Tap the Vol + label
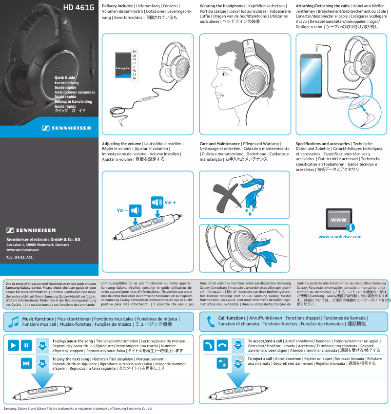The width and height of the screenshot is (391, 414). (170, 202)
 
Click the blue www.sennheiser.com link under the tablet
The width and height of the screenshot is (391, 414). (340, 237)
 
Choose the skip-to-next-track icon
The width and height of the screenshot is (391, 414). (27, 363)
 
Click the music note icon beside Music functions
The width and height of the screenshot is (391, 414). (13, 322)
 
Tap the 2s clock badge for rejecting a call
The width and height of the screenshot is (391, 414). (238, 363)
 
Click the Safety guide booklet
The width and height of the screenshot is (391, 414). (122, 68)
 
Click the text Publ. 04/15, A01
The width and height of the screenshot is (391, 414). (20, 257)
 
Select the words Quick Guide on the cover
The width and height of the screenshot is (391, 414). (64, 78)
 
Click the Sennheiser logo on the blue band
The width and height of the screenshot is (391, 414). (67, 128)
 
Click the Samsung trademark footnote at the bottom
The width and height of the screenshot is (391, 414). (78, 410)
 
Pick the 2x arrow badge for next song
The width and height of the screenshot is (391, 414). (42, 363)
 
